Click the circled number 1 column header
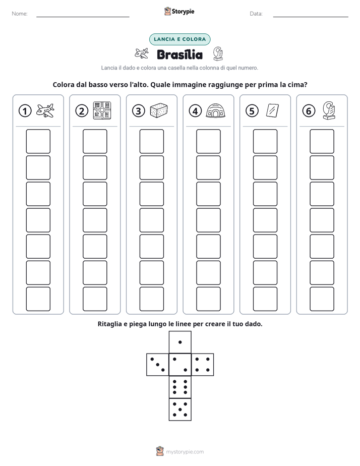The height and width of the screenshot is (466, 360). (25, 111)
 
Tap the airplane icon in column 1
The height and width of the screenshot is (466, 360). (45, 110)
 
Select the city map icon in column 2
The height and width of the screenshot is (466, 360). (102, 110)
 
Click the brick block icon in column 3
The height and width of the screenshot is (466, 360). (159, 110)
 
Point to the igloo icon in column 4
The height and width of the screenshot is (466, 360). (215, 110)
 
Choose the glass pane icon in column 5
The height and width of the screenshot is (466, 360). (272, 110)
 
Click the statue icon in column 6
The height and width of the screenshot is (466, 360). (329, 110)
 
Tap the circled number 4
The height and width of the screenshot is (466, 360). (195, 111)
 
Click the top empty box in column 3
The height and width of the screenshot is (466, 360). (151, 141)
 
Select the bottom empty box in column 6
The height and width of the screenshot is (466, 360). (322, 299)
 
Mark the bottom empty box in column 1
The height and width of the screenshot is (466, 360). (38, 299)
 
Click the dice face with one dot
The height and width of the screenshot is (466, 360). (180, 342)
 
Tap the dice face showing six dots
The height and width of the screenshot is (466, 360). (180, 387)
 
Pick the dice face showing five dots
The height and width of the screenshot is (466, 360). (180, 410)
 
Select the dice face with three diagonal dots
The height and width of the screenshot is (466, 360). (158, 364)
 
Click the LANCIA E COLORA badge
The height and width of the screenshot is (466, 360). (179, 39)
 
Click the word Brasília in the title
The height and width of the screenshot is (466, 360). (179, 54)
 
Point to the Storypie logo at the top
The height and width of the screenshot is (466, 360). (179, 11)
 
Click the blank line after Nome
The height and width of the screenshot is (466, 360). (83, 17)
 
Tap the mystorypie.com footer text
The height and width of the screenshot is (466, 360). (185, 452)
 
